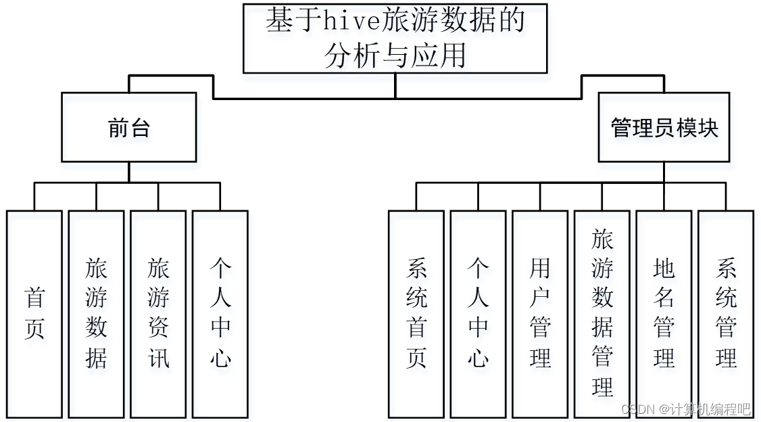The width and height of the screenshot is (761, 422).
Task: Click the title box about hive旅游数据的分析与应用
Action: click(x=395, y=39)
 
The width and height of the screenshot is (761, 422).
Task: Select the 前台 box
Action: click(x=128, y=127)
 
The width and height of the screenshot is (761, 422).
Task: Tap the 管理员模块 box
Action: click(x=664, y=127)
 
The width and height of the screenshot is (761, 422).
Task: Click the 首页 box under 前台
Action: click(x=34, y=314)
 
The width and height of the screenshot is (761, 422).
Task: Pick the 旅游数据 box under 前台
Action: click(x=97, y=314)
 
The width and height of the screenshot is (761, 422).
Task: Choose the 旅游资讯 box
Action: click(x=158, y=314)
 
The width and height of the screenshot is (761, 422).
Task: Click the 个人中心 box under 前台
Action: click(x=220, y=314)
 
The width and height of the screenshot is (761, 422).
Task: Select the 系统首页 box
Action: click(x=416, y=314)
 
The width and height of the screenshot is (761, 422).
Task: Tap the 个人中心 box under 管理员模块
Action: click(x=478, y=314)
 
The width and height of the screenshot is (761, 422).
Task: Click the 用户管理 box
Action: click(x=540, y=314)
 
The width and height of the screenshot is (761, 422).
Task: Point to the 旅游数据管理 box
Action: click(x=602, y=314)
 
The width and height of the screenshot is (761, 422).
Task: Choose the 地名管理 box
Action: click(x=664, y=314)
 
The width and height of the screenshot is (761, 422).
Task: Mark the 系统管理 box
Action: click(x=726, y=314)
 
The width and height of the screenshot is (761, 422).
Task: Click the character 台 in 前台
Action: click(x=140, y=128)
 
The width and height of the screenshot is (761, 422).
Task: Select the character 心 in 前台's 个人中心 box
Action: click(x=220, y=357)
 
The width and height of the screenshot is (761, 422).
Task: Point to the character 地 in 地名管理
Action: click(x=664, y=269)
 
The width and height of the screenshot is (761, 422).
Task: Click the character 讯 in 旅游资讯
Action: click(x=159, y=358)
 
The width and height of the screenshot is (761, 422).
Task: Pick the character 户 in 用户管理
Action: click(x=540, y=298)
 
